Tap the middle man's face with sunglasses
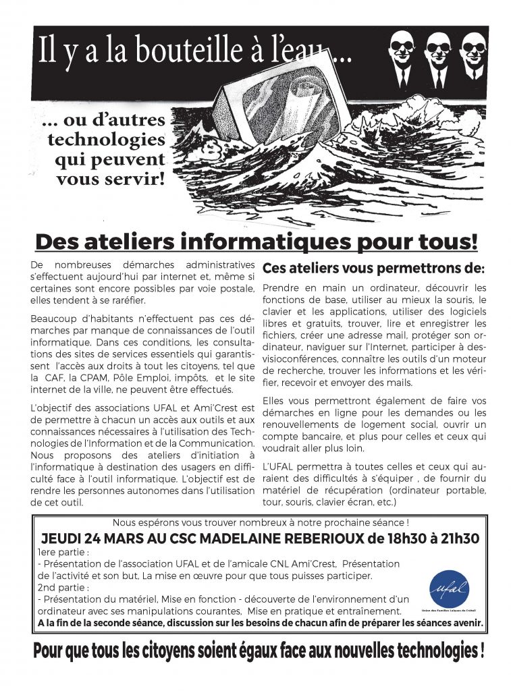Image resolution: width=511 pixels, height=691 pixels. click(437, 50)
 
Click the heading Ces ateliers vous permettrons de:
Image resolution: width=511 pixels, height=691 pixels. click(373, 268)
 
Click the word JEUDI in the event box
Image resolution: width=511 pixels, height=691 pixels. click(65, 538)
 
